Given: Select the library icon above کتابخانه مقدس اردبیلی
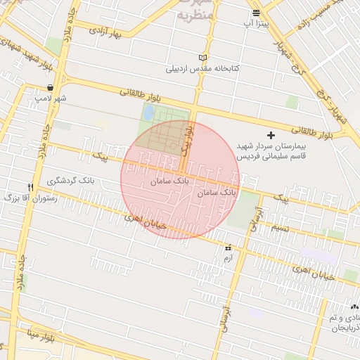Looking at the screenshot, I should tap(204, 58).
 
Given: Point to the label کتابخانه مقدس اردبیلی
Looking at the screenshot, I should tap(203, 69).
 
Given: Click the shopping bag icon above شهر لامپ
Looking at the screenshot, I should tap(50, 88).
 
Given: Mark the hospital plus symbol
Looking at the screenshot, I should tap(271, 134).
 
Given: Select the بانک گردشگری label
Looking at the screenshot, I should tap(70, 181).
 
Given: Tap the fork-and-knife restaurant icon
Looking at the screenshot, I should tap(30, 187).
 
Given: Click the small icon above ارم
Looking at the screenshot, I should tap(227, 248).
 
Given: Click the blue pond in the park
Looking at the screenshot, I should tap(149, 111).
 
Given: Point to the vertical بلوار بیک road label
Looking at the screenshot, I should tap(186, 139).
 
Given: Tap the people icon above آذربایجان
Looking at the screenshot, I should tap(354, 307).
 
